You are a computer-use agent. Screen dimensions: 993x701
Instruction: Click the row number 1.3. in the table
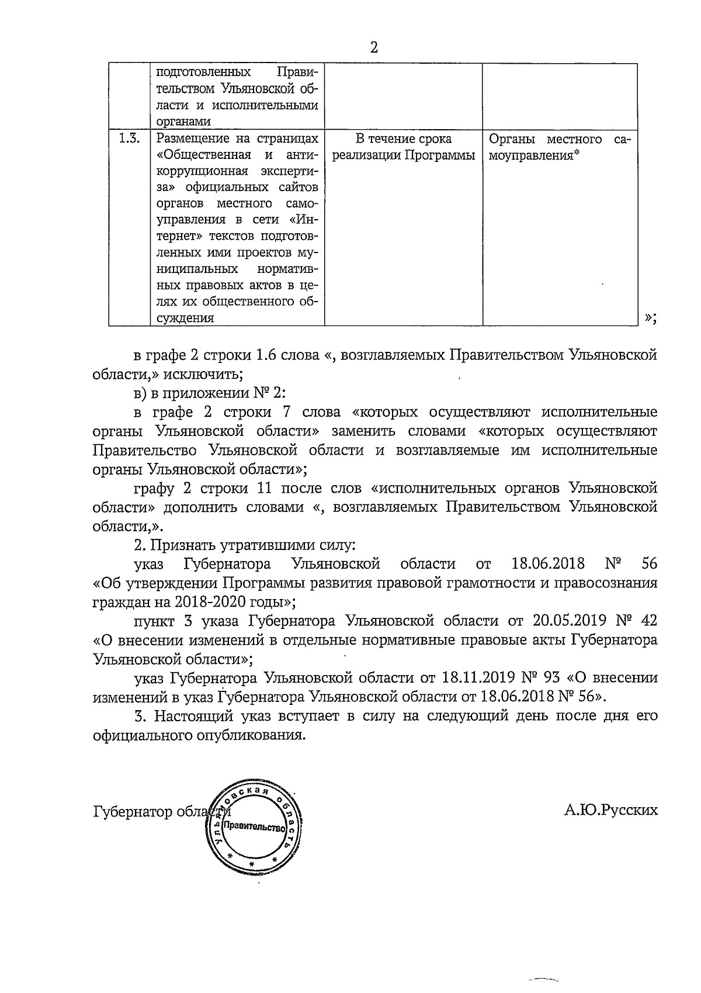point(129,139)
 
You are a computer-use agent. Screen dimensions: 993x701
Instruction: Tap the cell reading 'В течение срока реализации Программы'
point(403,147)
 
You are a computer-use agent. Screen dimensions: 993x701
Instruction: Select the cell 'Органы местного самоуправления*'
point(559,148)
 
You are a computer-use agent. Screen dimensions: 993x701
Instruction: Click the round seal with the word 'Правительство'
point(255,828)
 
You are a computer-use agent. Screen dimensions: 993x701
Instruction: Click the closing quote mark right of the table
point(650,317)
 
